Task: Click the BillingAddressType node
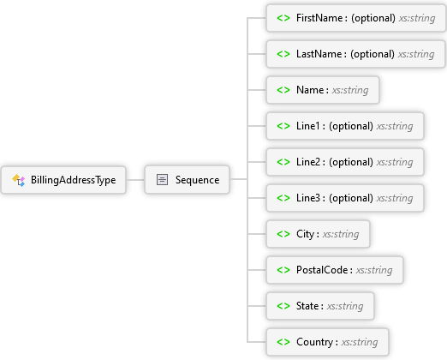coord(63,180)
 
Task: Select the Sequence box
coord(187,180)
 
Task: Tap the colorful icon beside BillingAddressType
coord(19,180)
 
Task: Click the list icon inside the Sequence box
coord(162,180)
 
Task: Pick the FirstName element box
coord(355,18)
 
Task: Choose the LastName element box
coord(355,54)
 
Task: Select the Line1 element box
coord(345,126)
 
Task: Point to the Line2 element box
coord(345,162)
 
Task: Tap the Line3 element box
coord(345,198)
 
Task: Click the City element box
coord(318,234)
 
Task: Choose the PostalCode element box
coord(335,270)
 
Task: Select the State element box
coord(320,306)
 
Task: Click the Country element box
coord(327,342)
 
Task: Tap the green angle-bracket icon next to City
coord(283,234)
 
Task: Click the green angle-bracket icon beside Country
coord(283,342)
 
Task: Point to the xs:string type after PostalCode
coord(374,270)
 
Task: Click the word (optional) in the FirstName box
coord(373,18)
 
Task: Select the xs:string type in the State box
coord(345,306)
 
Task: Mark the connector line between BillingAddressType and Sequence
coord(135,180)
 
